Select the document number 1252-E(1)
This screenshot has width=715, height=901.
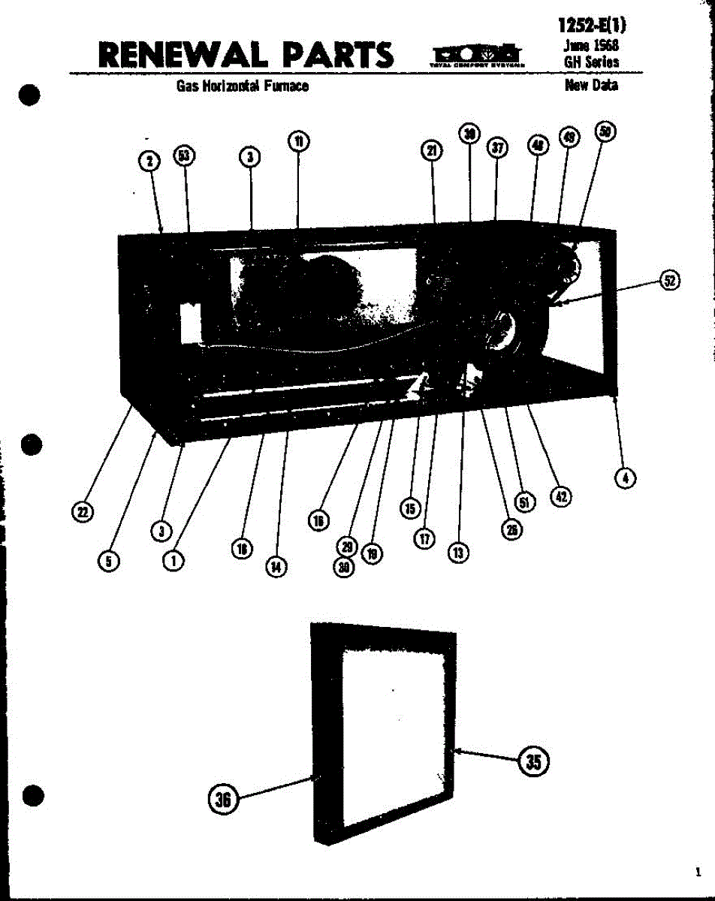click(592, 25)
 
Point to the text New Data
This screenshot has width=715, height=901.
click(591, 86)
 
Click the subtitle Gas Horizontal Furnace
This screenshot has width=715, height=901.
click(243, 86)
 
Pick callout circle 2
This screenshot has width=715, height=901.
click(150, 161)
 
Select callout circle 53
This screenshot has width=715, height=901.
click(183, 156)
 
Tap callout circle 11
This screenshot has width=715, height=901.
click(299, 141)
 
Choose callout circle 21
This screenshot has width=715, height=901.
click(431, 151)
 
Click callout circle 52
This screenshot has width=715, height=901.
click(669, 281)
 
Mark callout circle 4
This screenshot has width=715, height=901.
click(624, 477)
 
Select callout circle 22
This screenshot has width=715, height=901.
click(82, 512)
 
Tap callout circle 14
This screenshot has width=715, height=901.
click(276, 568)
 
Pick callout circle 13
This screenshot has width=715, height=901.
click(457, 553)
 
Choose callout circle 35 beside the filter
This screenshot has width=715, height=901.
click(532, 761)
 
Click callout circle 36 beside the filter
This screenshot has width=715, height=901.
click(223, 800)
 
